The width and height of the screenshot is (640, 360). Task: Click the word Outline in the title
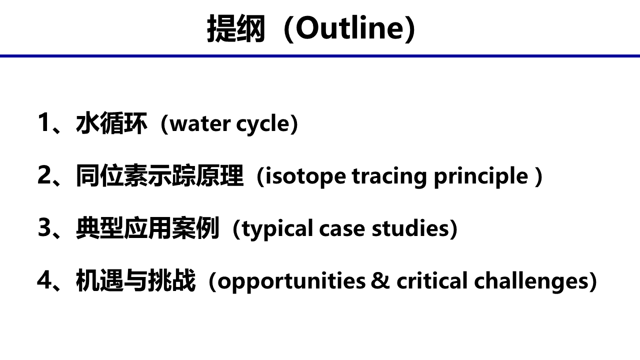pyautogui.click(x=351, y=28)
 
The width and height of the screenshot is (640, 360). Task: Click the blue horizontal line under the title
pyautogui.click(x=320, y=56)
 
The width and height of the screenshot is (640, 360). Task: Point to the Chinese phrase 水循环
pyautogui.click(x=111, y=123)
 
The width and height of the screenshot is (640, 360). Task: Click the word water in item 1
pyautogui.click(x=200, y=124)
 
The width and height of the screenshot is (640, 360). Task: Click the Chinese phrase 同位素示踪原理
pyautogui.click(x=159, y=175)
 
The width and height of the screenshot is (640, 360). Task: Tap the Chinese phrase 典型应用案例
pyautogui.click(x=147, y=227)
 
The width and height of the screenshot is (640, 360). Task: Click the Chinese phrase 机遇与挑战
pyautogui.click(x=135, y=280)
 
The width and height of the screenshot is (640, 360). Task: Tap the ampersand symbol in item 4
pyautogui.click(x=380, y=280)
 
